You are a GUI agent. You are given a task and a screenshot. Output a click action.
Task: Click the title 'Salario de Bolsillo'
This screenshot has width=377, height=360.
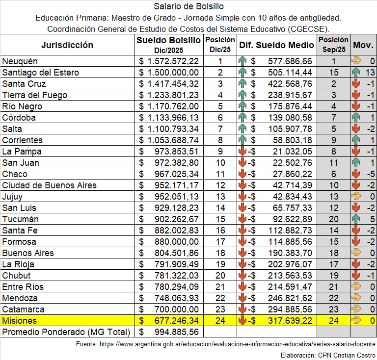tap(188, 6)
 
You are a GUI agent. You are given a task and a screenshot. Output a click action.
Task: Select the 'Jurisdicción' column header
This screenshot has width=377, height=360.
tap(67, 45)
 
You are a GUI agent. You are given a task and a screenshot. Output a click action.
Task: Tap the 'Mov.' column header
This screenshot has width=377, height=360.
tap(363, 45)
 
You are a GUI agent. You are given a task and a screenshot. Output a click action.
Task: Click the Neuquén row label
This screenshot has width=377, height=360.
tap(20, 61)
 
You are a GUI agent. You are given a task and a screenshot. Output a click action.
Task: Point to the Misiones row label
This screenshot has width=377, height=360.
tap(19, 321)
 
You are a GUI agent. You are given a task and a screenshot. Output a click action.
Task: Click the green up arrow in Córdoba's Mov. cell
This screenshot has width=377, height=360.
tap(356, 118)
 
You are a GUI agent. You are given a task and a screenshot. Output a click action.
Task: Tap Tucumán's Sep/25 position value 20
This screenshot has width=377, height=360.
tap(334, 219)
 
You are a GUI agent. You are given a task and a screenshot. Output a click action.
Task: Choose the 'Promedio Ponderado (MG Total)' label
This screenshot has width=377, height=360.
tap(66, 332)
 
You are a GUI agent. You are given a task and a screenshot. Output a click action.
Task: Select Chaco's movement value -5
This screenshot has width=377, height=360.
tap(370, 174)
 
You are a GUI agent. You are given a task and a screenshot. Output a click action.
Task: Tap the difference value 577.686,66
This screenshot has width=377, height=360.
tap(290, 61)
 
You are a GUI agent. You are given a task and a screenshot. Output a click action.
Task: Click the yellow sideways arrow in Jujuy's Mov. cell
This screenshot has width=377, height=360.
tap(356, 197)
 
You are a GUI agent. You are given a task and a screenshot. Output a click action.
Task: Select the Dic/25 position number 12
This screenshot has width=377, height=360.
tap(220, 185)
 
